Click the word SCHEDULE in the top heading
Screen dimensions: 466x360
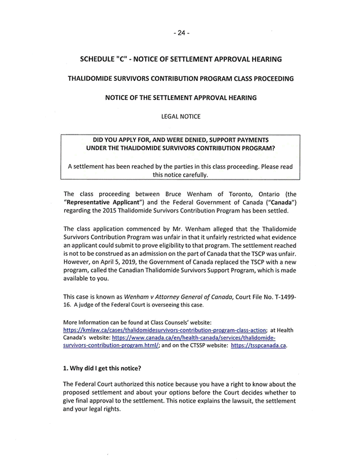point(99,59)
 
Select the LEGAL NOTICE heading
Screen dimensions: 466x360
point(181,116)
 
